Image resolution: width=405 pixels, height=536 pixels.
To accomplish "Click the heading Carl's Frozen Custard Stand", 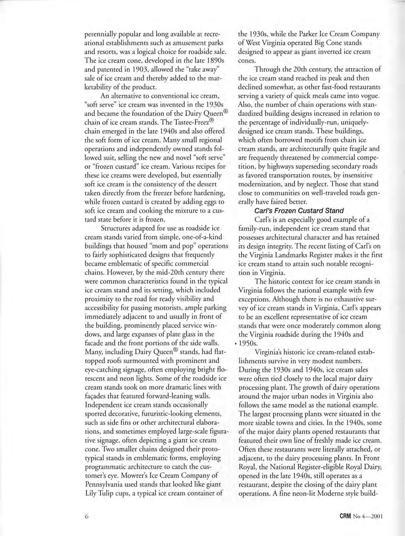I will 299,210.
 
